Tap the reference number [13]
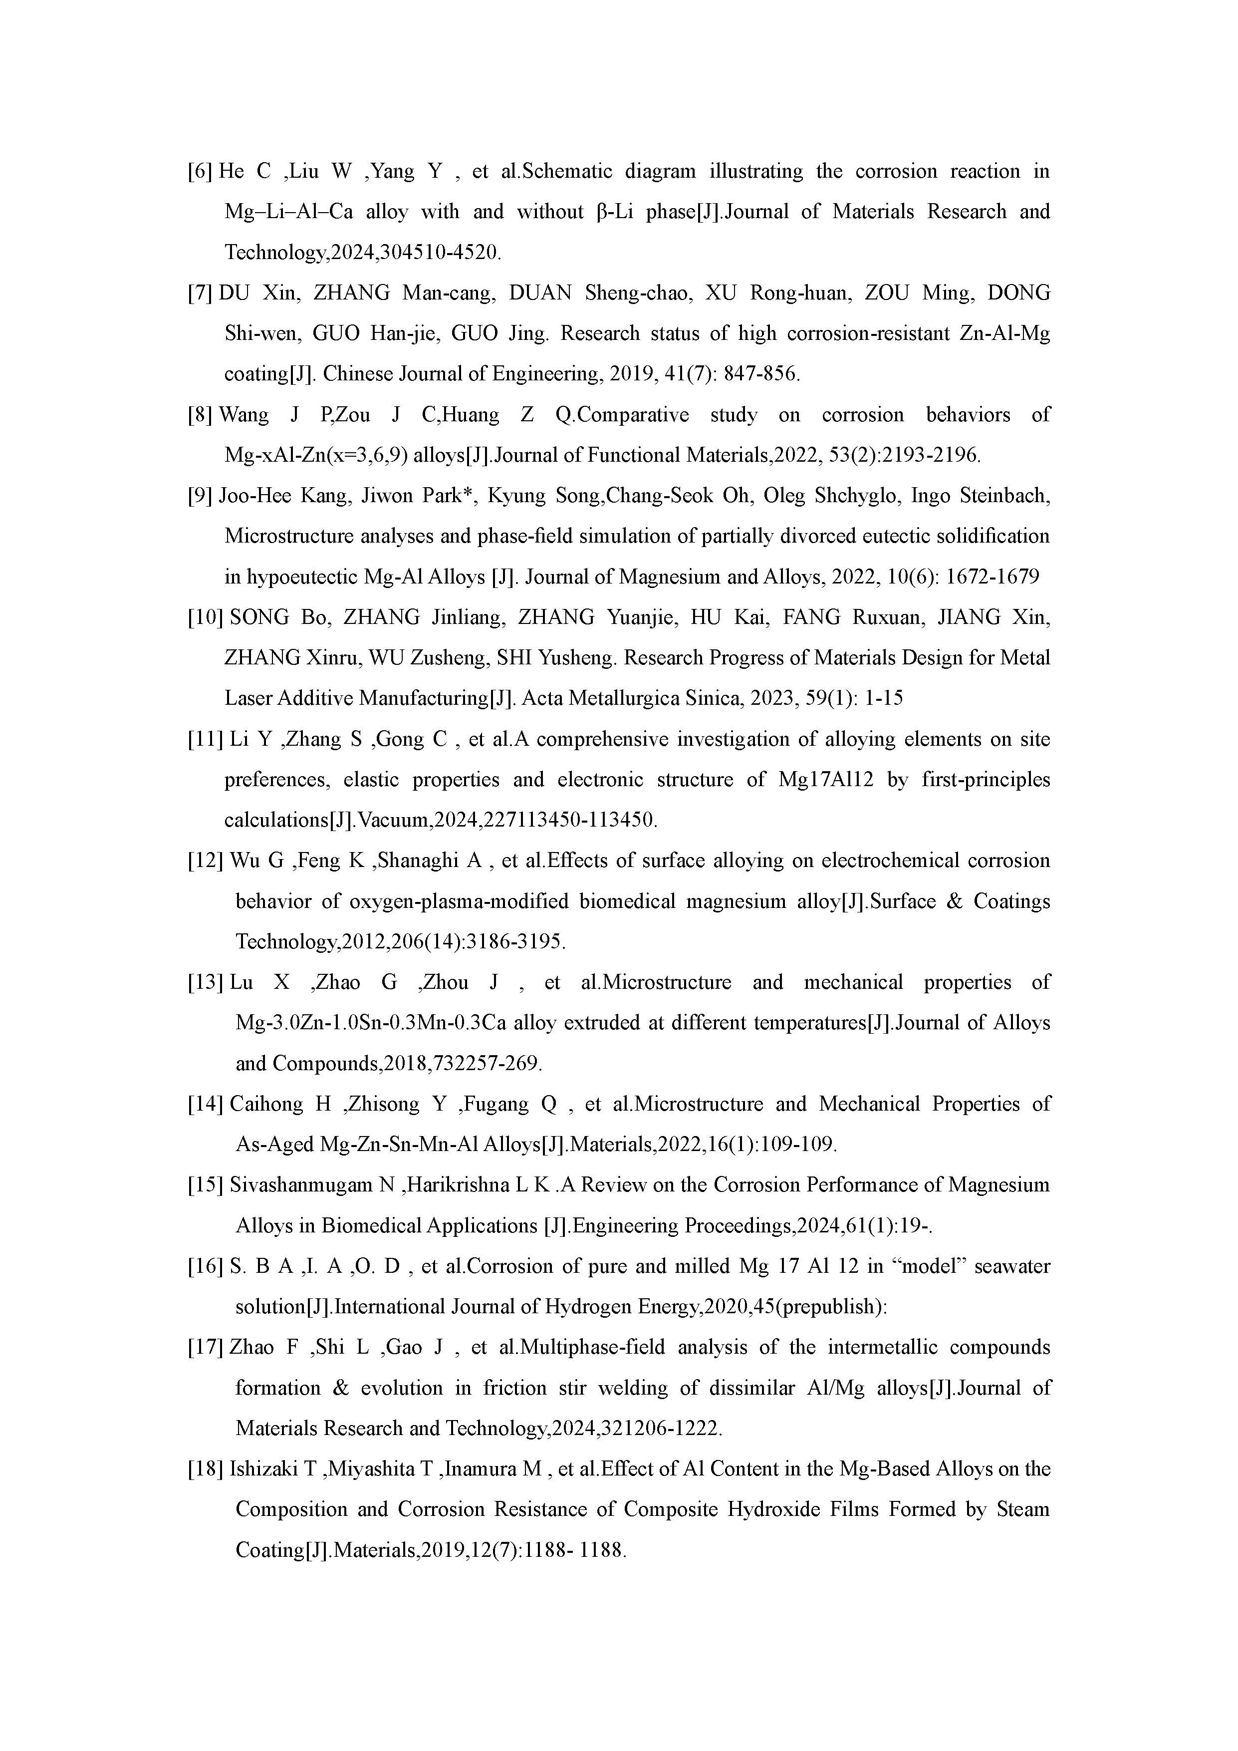coord(205,983)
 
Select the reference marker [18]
coord(205,1469)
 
